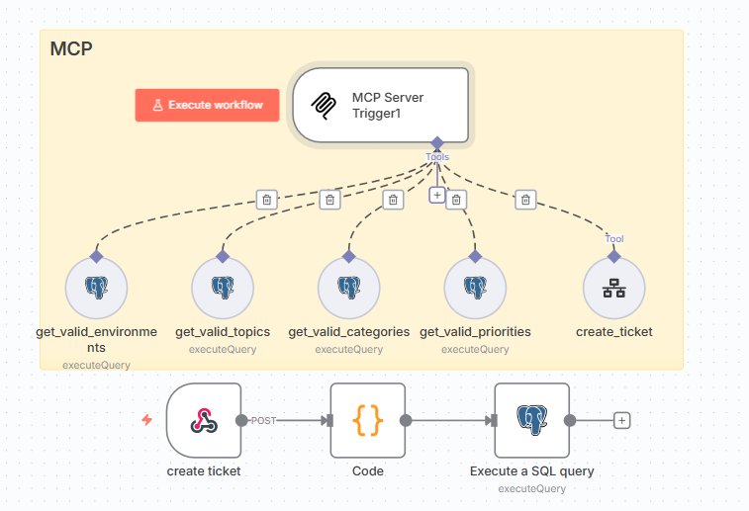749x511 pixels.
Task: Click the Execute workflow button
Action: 207,105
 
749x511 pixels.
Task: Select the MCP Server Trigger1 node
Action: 380,105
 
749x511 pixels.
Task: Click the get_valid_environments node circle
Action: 96,289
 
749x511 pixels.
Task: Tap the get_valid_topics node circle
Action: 223,289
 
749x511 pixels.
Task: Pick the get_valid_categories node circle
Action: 348,289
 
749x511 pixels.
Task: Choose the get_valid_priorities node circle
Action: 475,289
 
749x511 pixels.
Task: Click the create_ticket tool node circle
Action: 613,289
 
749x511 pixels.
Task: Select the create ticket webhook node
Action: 204,420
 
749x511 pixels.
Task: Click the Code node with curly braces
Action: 367,420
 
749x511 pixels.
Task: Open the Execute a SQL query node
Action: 532,420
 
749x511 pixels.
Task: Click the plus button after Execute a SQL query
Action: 621,420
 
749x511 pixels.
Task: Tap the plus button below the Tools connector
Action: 437,195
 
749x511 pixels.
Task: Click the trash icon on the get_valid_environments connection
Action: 265,200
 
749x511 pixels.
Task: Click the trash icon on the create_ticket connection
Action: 525,200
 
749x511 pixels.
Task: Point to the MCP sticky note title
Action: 71,48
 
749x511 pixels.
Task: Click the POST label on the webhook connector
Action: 263,420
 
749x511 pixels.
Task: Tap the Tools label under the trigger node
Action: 437,157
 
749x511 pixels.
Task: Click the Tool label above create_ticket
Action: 614,238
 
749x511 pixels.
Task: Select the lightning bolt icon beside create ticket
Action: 147,420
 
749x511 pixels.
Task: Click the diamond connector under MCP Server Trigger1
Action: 436,143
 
